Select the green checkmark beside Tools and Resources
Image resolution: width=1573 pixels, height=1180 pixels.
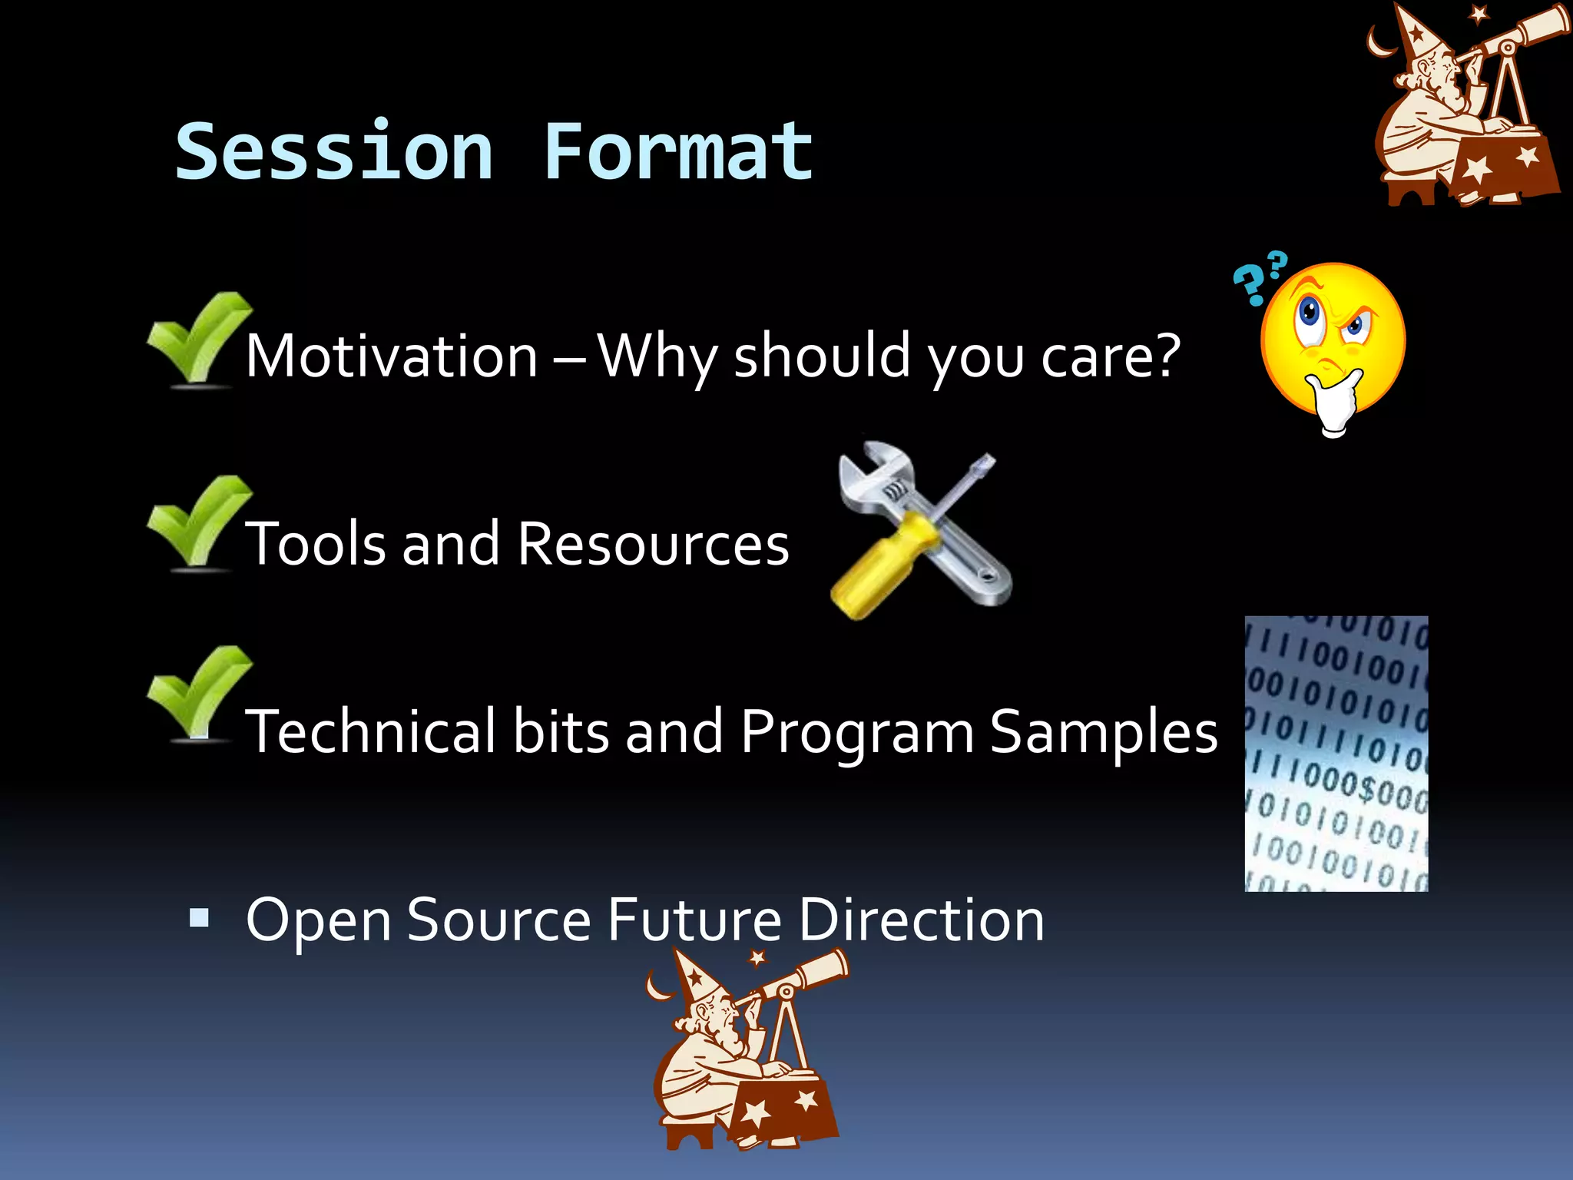pyautogui.click(x=198, y=522)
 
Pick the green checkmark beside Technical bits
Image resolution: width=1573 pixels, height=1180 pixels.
pyautogui.click(x=198, y=693)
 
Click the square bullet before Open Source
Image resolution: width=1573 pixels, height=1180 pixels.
pyautogui.click(x=199, y=918)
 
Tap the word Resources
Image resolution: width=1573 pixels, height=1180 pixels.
pyautogui.click(x=653, y=543)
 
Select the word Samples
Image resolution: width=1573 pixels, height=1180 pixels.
pyautogui.click(x=1103, y=731)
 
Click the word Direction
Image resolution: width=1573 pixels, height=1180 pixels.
pyautogui.click(x=921, y=920)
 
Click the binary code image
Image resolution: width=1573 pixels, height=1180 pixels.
pyautogui.click(x=1336, y=753)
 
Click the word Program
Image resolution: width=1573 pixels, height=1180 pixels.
pyautogui.click(x=857, y=731)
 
